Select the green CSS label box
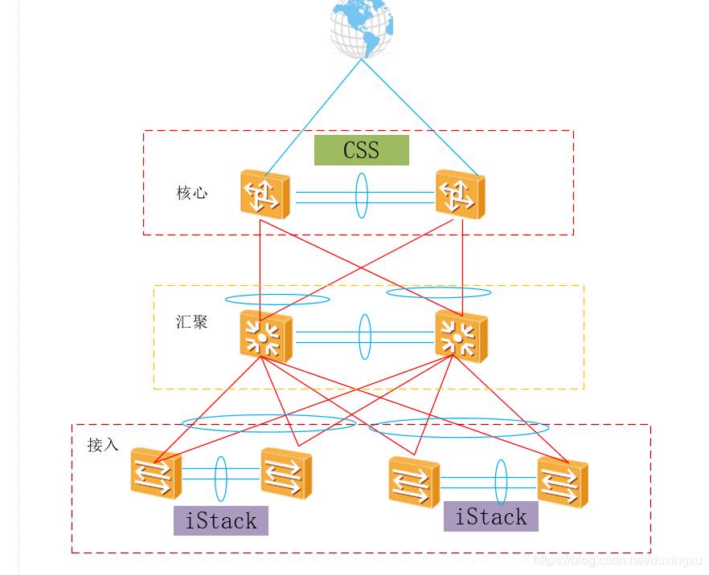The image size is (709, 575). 361,150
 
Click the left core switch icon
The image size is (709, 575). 264,194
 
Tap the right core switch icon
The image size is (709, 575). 461,194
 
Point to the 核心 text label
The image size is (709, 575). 191,193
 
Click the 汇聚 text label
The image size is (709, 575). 191,322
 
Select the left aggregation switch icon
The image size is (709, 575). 265,335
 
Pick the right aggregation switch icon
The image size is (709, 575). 461,336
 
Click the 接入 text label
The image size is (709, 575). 103,445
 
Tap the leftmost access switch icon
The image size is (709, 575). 155,473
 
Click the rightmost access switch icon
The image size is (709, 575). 563,482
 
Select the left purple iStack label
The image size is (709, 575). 221,520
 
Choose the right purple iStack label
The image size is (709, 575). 491,516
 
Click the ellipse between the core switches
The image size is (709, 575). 361,193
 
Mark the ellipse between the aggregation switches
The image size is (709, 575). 365,336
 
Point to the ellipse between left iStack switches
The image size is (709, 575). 220,479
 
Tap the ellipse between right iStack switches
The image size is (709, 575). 501,482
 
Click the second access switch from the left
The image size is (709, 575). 286,473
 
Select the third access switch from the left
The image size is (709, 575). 414,482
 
